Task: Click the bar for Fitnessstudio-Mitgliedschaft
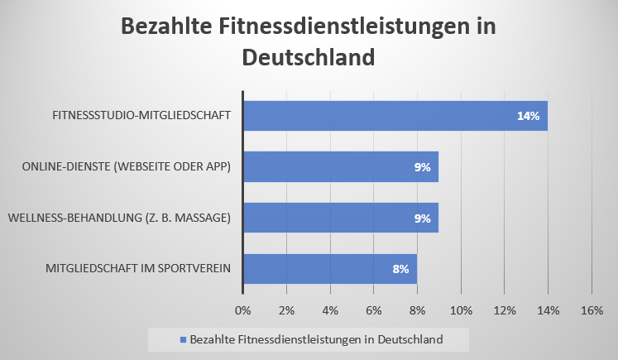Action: (395, 116)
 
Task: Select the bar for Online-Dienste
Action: (340, 167)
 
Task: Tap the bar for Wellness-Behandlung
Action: (340, 218)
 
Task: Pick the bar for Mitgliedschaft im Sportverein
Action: (329, 269)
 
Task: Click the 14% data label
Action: (528, 116)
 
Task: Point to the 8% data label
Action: (400, 269)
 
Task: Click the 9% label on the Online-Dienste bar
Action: (423, 167)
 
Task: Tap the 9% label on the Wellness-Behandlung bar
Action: (423, 218)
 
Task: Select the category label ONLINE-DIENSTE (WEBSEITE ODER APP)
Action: (126, 167)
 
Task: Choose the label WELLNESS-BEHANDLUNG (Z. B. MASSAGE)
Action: (119, 218)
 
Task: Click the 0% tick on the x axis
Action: (242, 310)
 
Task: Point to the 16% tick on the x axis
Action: (592, 310)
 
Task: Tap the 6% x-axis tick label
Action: (373, 310)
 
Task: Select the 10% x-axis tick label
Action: (461, 310)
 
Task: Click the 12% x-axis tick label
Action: (505, 310)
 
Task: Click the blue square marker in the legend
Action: (182, 339)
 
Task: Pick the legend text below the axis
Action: (317, 339)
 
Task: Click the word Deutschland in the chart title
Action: (309, 58)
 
